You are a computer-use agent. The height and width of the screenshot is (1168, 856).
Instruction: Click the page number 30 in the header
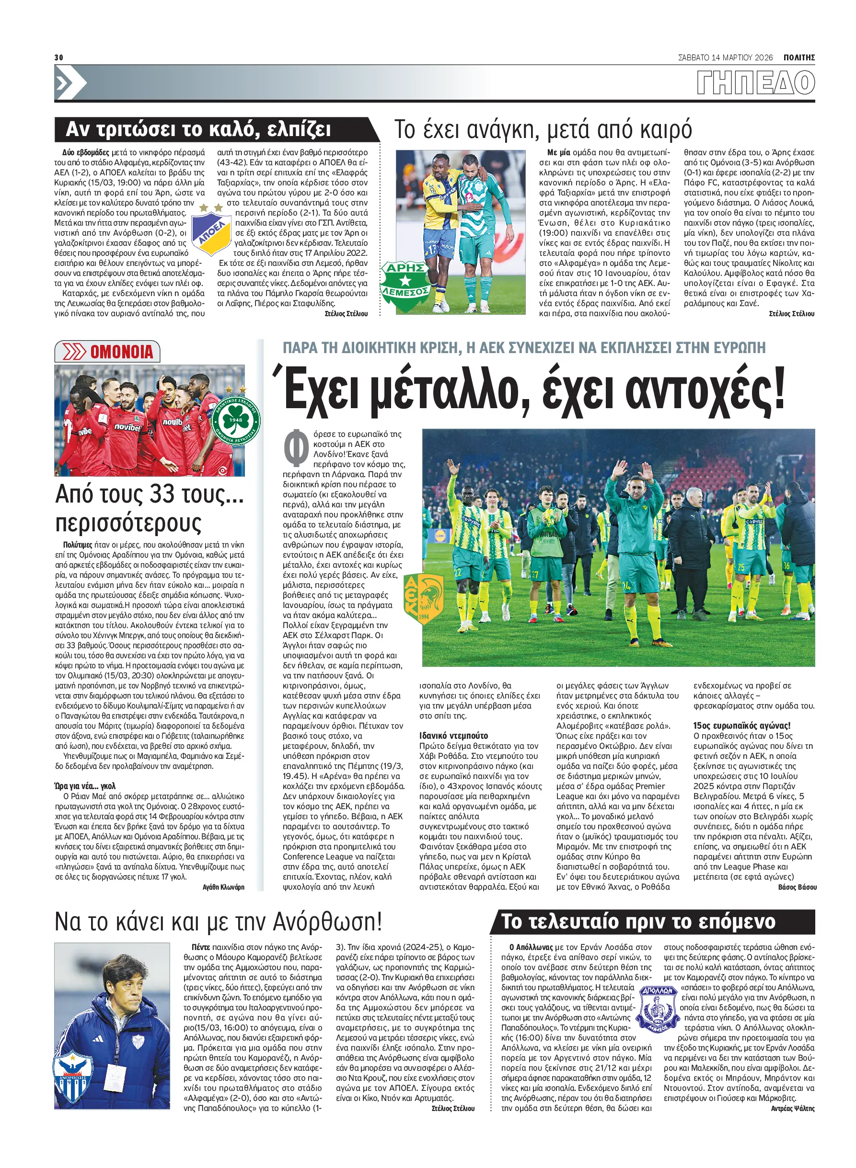click(58, 57)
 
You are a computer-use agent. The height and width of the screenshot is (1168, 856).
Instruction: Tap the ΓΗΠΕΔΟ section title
click(755, 83)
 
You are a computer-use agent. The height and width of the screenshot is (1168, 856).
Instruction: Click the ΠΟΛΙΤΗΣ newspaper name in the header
click(799, 57)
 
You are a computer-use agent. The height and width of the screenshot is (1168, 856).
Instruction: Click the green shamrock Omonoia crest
click(236, 420)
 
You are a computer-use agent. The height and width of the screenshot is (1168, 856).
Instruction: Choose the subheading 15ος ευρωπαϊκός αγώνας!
click(741, 726)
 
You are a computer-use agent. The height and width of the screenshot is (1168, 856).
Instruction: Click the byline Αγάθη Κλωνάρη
click(223, 887)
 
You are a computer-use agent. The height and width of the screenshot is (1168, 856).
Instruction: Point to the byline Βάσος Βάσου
click(797, 887)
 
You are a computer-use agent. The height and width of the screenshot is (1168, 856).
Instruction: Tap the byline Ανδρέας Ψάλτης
click(792, 1109)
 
